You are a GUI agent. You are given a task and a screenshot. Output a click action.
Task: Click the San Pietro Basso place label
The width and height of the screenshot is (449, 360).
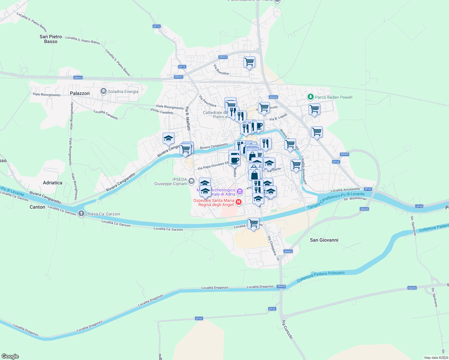51,39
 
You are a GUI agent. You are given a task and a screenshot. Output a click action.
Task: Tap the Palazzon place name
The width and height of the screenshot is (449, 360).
80,93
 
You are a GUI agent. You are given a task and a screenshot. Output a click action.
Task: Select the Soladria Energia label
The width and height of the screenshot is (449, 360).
123,91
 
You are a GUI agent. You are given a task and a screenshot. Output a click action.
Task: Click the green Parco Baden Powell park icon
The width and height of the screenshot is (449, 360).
311,97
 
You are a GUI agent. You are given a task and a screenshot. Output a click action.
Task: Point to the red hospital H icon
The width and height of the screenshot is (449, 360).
239,202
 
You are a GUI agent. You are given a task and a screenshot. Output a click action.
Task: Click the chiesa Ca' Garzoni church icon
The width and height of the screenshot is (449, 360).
81,214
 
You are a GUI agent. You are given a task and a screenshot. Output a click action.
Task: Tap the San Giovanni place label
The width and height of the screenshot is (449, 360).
324,240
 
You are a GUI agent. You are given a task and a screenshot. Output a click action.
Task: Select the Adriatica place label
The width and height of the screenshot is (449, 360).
53,183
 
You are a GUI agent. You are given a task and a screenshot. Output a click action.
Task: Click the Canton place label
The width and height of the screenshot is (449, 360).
37,207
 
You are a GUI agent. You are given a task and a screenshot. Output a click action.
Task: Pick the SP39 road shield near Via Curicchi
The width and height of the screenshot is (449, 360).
272,309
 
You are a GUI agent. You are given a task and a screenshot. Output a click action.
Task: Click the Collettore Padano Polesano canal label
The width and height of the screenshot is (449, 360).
321,276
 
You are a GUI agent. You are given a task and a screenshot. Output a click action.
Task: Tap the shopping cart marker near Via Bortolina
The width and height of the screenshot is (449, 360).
249,62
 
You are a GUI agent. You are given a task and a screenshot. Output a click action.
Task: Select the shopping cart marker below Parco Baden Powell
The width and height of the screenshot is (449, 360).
314,109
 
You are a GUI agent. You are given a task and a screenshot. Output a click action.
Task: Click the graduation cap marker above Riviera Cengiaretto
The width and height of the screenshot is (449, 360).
168,139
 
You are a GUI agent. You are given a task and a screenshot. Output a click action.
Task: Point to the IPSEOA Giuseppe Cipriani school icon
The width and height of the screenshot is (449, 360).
191,181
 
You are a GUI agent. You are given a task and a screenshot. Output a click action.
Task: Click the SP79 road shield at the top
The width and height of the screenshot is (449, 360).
157,26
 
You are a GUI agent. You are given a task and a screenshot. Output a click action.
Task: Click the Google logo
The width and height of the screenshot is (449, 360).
10,356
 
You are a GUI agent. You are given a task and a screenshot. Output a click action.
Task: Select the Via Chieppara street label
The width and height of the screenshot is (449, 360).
272,246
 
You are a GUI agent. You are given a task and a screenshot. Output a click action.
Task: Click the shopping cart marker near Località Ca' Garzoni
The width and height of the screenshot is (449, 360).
253,223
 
